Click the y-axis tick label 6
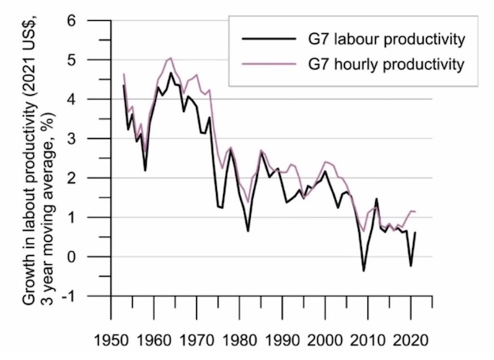click(x=92, y=20)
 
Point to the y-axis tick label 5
click(x=92, y=59)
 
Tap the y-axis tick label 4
click(x=92, y=99)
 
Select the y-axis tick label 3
click(x=92, y=138)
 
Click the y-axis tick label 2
click(x=92, y=178)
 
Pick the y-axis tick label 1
click(x=92, y=217)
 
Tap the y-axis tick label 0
click(x=92, y=256)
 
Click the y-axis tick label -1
click(x=89, y=296)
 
